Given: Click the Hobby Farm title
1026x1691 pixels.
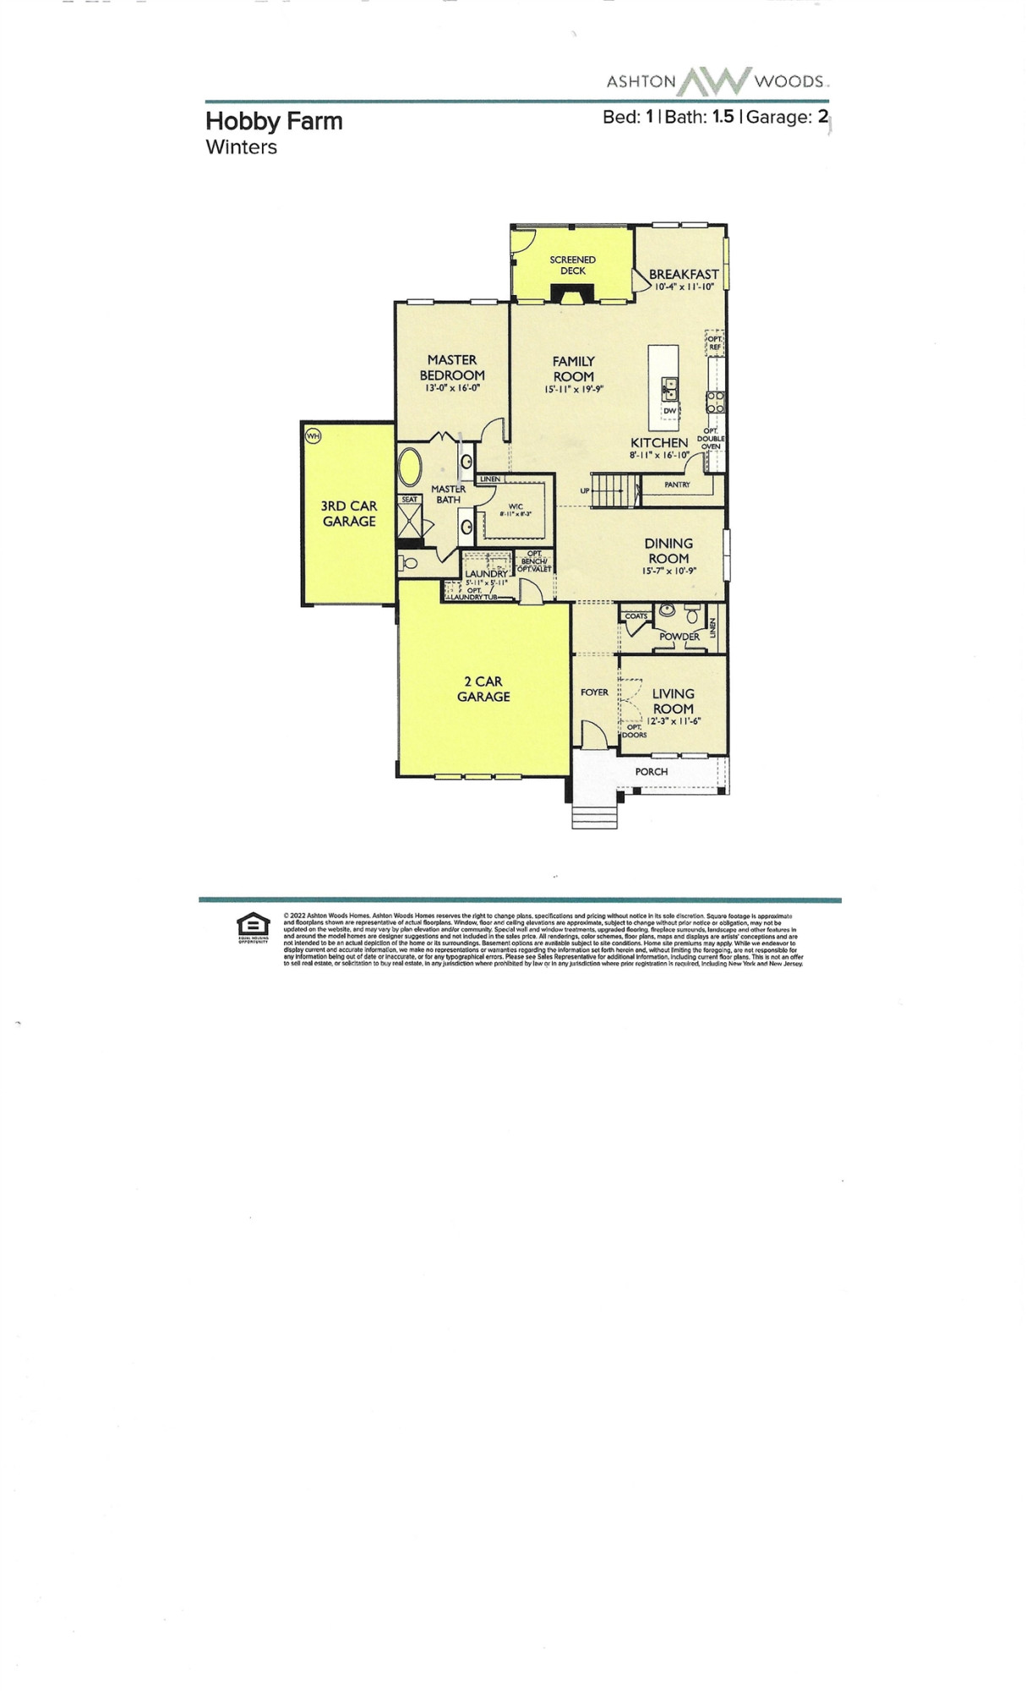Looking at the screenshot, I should tap(274, 121).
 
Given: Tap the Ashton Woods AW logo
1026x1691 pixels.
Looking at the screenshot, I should tap(715, 81).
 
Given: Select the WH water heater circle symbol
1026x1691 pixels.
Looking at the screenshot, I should tap(314, 436).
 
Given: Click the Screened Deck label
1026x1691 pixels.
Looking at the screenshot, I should tap(572, 265).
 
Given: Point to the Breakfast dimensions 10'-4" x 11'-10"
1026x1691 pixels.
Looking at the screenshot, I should tap(684, 287).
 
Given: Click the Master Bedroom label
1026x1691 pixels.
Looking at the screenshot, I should tap(452, 367).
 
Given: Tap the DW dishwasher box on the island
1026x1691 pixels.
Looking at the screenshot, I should tap(669, 411).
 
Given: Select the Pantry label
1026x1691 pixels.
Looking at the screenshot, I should tap(677, 484).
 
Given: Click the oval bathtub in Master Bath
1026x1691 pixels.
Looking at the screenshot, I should tap(411, 467).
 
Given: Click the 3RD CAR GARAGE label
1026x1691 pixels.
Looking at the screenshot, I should tap(348, 513).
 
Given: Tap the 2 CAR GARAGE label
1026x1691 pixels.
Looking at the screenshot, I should tap(483, 688).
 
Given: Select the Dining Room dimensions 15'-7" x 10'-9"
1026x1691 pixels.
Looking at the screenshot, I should tap(668, 572).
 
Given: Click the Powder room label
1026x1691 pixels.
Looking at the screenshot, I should tap(679, 636).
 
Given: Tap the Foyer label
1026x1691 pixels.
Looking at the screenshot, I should tap(594, 692).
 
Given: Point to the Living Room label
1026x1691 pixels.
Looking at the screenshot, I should tap(673, 701).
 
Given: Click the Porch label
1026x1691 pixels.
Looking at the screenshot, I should tap(651, 771).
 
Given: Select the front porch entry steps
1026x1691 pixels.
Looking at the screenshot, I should tap(595, 816).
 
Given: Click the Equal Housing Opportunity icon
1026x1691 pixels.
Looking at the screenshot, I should tap(253, 927).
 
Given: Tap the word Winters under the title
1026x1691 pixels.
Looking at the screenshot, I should tap(241, 147).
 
